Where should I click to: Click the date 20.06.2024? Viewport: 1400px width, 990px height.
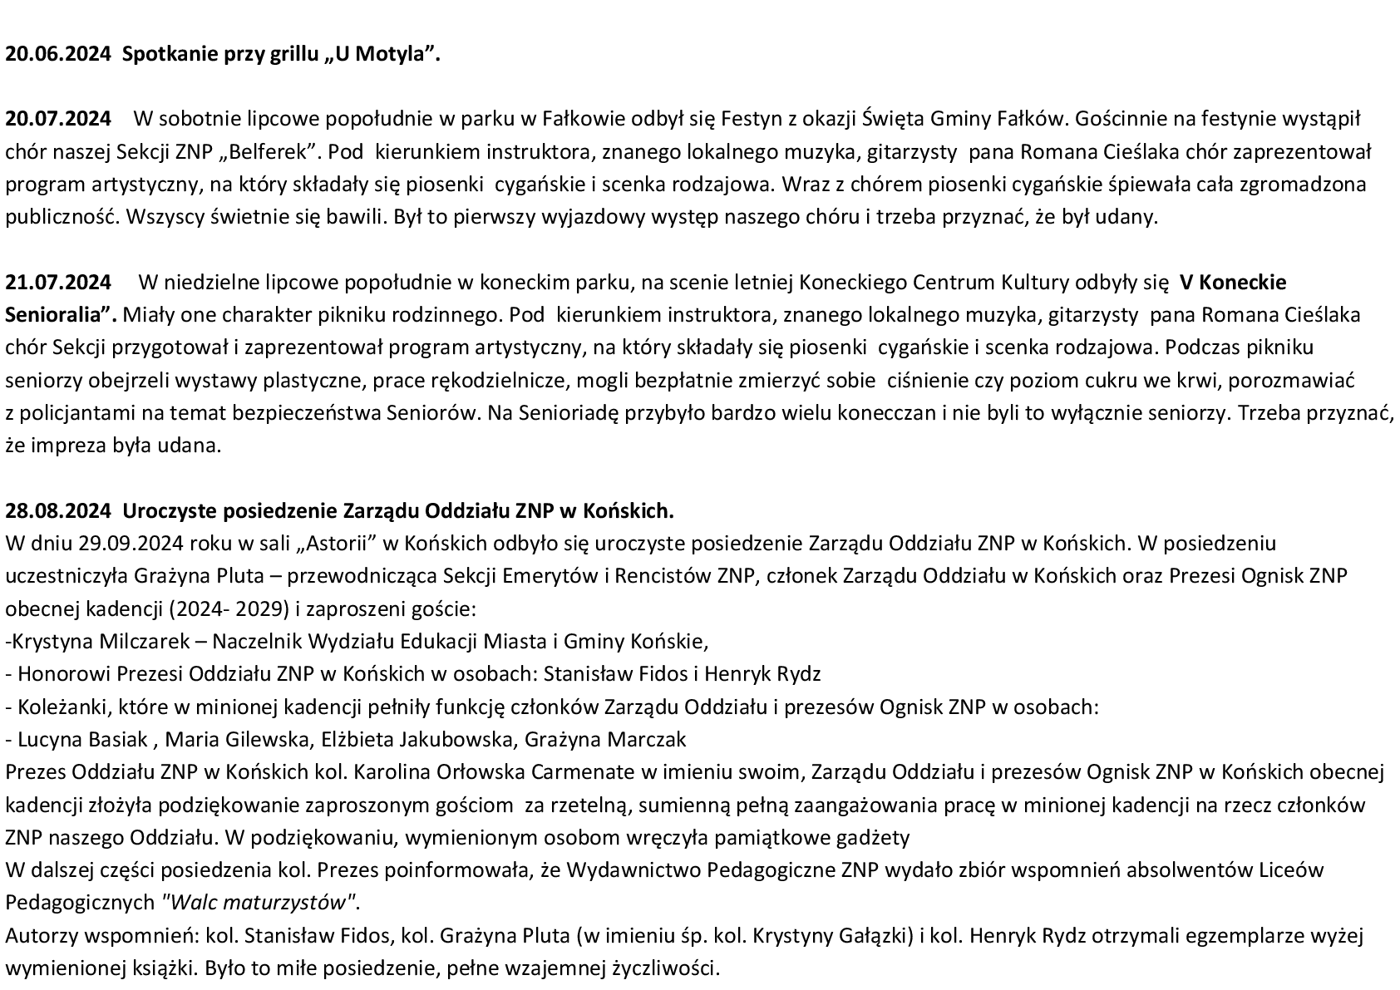57,55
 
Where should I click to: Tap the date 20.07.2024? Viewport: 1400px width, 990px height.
57,119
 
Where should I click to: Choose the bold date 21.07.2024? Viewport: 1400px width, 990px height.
57,283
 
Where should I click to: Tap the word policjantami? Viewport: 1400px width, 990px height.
70,413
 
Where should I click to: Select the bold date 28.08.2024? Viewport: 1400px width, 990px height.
57,510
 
